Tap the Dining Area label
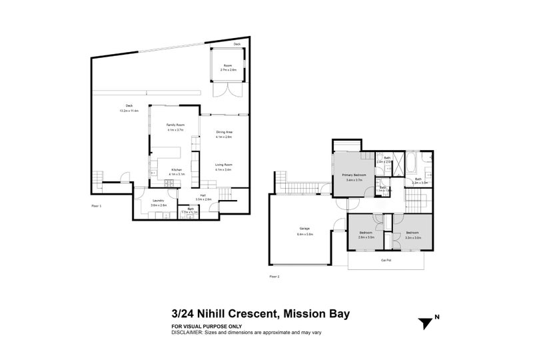(x=224, y=133)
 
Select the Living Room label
(x=223, y=165)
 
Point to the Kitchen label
(x=176, y=170)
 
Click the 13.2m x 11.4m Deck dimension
(x=129, y=111)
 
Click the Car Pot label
(x=385, y=260)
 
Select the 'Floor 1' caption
(x=97, y=207)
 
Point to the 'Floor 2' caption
(x=274, y=276)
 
